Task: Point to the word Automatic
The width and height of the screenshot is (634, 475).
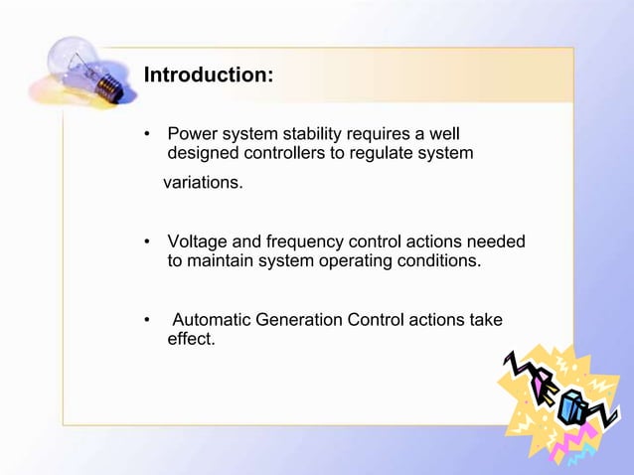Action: click(x=212, y=320)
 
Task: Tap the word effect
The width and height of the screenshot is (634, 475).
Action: click(x=191, y=340)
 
